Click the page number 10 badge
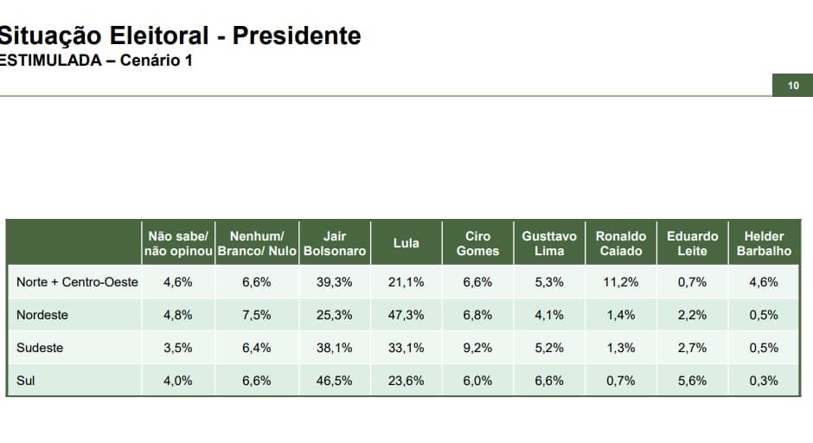coord(793,85)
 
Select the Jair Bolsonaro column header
coord(335,243)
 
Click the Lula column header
coord(406,243)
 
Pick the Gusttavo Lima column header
coord(549,243)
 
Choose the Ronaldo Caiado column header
coord(620,243)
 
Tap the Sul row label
coord(25,381)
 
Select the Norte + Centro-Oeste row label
coord(77,282)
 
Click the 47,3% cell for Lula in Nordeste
coord(406,315)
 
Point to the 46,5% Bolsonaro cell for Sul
coord(335,381)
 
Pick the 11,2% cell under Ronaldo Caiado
coord(620,282)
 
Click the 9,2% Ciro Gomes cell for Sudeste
coord(477,348)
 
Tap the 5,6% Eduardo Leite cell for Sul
coord(692,381)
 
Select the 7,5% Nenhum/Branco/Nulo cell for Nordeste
coord(256,315)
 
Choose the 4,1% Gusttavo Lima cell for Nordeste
coord(549,315)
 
